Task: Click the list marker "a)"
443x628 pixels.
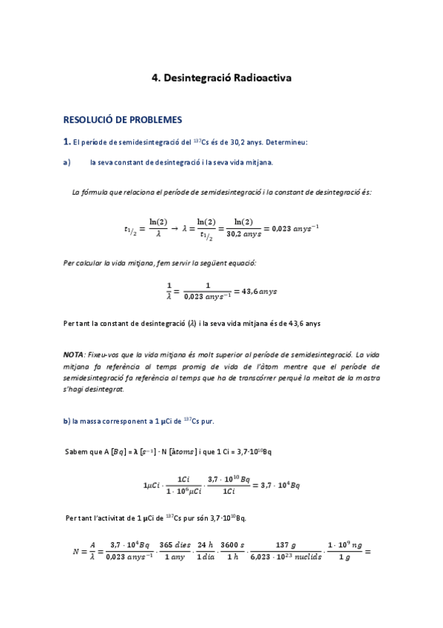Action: point(67,162)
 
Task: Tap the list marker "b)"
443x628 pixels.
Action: point(67,421)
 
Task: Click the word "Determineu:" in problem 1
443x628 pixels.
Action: point(286,141)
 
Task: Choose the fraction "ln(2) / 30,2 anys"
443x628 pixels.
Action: point(243,228)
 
